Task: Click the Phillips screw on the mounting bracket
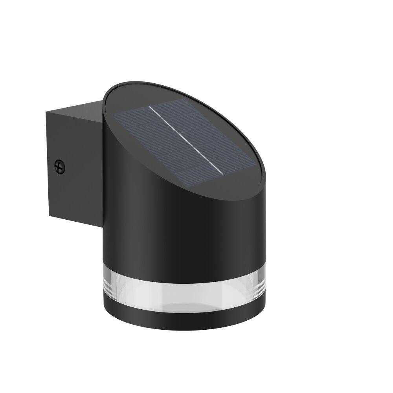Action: [x=60, y=166]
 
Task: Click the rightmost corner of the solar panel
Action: [x=254, y=161]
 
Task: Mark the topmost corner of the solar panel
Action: [x=181, y=99]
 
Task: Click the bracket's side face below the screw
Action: [x=75, y=196]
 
